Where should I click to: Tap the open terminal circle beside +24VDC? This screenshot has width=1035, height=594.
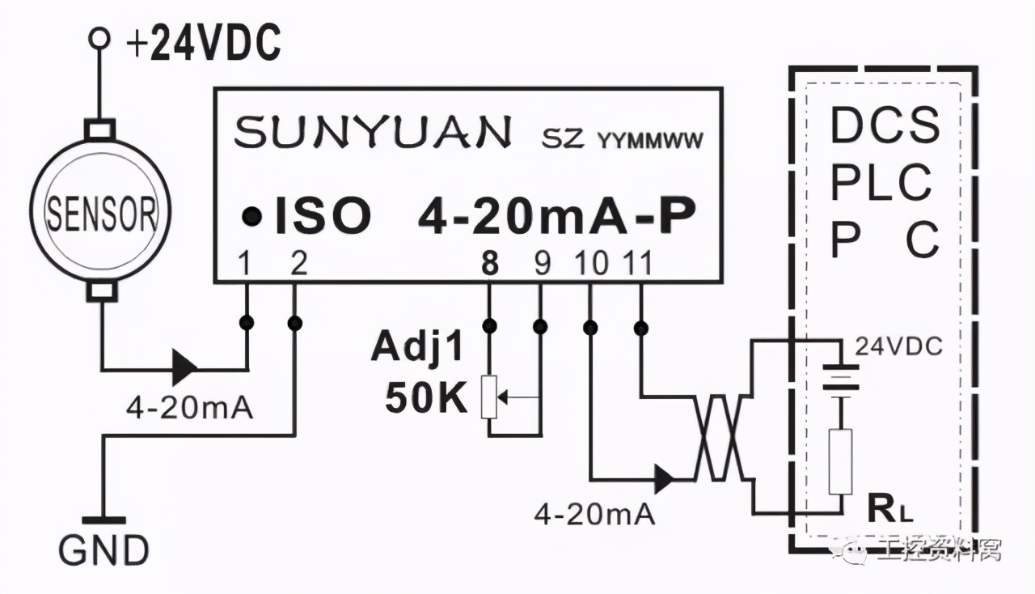point(100,38)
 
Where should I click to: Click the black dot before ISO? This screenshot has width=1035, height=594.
point(252,216)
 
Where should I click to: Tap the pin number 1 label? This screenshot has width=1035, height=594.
point(247,265)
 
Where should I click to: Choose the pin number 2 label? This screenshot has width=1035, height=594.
point(298,265)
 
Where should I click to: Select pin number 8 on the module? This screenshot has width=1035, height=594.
point(489,265)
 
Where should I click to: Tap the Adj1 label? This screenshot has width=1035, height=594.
point(419,348)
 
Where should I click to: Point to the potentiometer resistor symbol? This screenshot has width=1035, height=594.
point(489,397)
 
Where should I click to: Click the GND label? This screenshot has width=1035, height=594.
point(103,550)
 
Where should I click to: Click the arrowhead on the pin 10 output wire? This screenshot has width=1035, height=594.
point(665,479)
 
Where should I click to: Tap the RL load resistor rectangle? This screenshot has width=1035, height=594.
point(841,461)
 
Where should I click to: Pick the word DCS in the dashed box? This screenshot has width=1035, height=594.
point(885,125)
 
